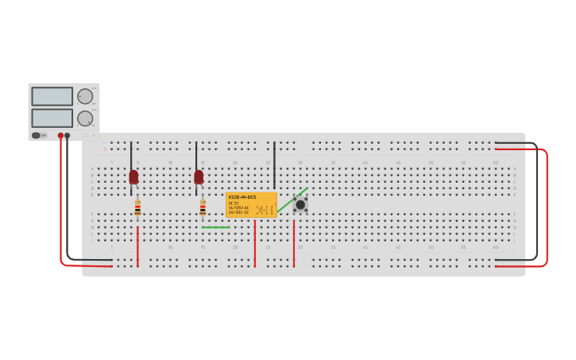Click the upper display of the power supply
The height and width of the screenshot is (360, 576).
coord(52,96)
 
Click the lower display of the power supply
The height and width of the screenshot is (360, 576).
coord(52,118)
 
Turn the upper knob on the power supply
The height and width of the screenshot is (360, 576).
coord(85,96)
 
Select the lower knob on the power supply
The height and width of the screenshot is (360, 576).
coord(85,118)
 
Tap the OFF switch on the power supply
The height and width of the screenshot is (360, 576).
coord(37,135)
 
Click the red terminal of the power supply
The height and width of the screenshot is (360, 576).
coord(60,136)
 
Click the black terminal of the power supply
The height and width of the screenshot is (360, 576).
coord(68,136)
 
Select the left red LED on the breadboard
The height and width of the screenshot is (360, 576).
coord(133,176)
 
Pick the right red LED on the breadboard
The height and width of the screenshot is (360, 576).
coord(199,176)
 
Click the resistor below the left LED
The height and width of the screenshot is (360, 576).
coord(137,207)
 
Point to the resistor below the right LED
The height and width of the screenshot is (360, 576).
coord(203,207)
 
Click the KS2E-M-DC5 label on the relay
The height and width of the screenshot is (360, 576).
coord(242,197)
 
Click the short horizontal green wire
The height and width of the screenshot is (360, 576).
coord(215,227)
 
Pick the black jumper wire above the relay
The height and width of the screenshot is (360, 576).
coord(274,165)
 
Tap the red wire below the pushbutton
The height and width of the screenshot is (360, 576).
coord(294,242)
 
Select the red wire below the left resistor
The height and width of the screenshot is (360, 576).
coord(137,246)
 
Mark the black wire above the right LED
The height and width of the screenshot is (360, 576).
coord(196,156)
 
